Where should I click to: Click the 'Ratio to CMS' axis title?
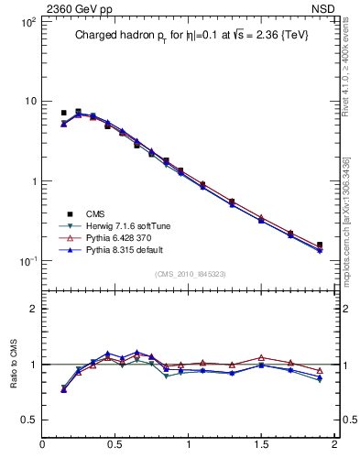pyautogui.click(x=14, y=364)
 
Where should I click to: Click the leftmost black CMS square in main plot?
pyautogui.click(x=63, y=113)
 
